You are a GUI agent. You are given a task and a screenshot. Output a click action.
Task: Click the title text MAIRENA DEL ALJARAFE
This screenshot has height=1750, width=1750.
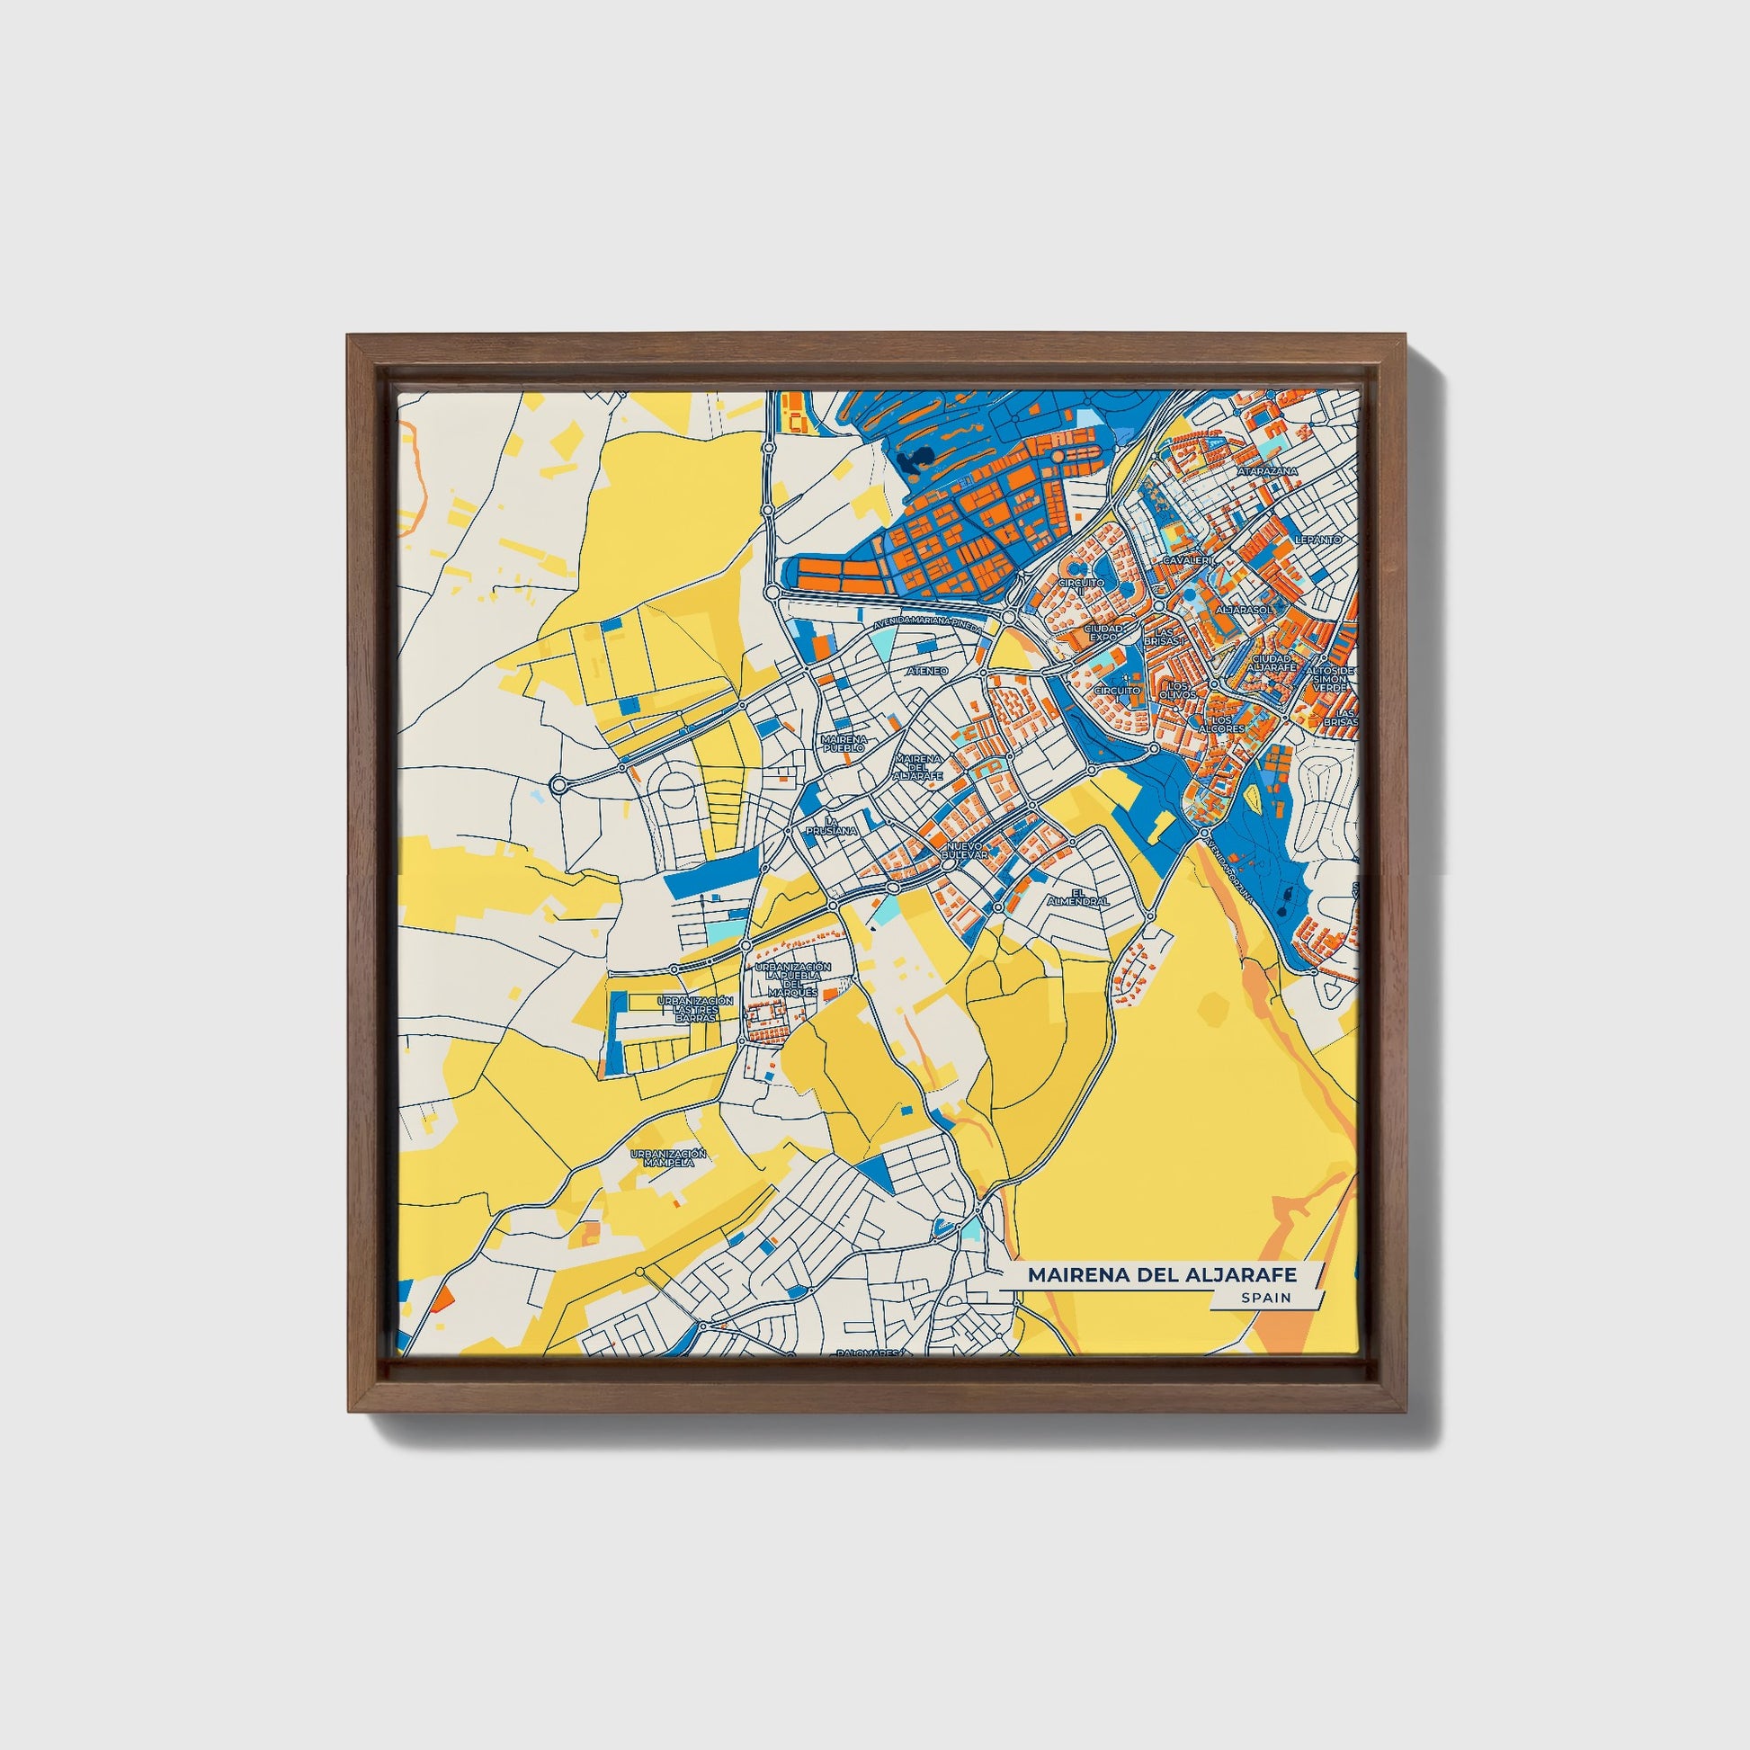1161,1275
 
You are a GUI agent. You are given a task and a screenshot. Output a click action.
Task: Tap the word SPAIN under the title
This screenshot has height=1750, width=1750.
1267,1298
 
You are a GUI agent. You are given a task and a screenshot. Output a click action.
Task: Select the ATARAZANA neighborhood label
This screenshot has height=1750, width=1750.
1268,472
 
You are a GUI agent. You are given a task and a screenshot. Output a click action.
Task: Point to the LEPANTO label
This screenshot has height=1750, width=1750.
1318,539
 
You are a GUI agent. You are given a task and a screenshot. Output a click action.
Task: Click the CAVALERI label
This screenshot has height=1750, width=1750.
1185,560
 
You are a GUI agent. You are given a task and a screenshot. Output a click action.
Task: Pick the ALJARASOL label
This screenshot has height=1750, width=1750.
1244,611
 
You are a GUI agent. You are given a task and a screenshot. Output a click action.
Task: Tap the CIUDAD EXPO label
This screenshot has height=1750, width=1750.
1104,632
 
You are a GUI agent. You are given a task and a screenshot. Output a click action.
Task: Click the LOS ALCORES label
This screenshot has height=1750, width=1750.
1222,723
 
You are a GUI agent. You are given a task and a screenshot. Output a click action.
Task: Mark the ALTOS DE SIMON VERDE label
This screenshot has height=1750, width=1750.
1330,679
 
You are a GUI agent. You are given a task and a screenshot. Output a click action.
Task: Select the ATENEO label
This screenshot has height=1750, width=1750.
926,671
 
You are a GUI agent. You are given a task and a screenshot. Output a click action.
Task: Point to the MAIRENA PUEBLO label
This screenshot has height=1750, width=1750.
844,744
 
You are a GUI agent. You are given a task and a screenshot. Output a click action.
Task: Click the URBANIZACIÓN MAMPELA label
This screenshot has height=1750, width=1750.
668,1156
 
